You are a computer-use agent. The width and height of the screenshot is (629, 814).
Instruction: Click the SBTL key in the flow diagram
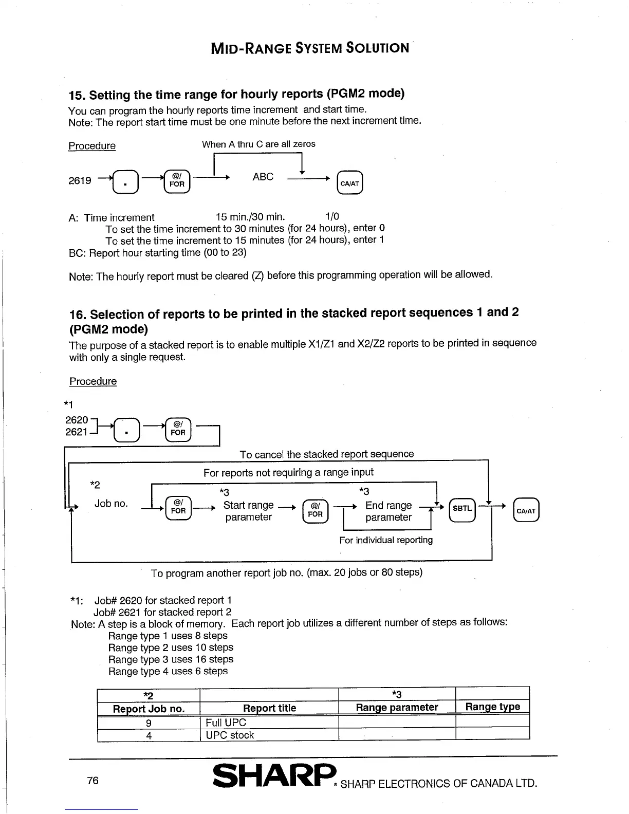point(462,509)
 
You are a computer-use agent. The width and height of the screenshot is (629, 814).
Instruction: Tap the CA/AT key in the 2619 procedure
point(349,182)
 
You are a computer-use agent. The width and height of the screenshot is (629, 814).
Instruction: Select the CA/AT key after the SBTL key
point(526,510)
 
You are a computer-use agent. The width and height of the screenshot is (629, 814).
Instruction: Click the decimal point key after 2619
point(124,182)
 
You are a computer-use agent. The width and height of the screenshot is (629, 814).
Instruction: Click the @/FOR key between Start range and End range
point(315,511)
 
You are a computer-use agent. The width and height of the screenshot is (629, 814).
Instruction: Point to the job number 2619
point(80,180)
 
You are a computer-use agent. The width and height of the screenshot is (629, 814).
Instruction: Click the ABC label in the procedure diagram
point(263,177)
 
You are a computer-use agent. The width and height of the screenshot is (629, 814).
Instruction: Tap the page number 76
point(92,780)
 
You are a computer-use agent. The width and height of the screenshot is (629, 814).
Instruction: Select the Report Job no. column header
point(149,709)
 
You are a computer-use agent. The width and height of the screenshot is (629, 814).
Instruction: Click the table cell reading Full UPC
point(226,723)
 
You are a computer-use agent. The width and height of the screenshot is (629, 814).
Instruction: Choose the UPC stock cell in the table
point(230,735)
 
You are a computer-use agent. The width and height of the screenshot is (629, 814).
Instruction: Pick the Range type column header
point(492,707)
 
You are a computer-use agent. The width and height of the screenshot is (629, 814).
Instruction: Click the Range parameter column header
point(397,708)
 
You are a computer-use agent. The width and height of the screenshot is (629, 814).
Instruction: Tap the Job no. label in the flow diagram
point(111,504)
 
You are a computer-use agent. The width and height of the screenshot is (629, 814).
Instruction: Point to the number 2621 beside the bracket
point(76,432)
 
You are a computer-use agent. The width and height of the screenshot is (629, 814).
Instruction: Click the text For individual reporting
point(386,540)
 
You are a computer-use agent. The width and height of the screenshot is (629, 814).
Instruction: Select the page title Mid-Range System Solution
point(310,48)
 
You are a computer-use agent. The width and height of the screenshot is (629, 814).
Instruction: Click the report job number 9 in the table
point(149,723)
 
